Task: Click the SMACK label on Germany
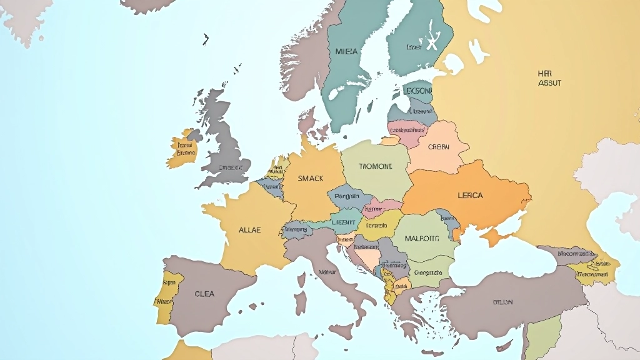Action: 311,178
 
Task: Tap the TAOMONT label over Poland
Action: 376,167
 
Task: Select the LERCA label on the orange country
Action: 470,195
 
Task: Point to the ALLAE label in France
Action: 249,230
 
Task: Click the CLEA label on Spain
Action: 204,294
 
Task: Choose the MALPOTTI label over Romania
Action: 422,238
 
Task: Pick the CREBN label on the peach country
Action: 438,147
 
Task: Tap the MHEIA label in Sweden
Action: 347,51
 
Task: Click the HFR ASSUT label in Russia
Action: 549,78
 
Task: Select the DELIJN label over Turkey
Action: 502,302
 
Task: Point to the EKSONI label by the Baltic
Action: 419,91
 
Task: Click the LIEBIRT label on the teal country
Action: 343,221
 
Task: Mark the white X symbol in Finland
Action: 431,44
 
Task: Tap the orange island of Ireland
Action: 183,150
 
